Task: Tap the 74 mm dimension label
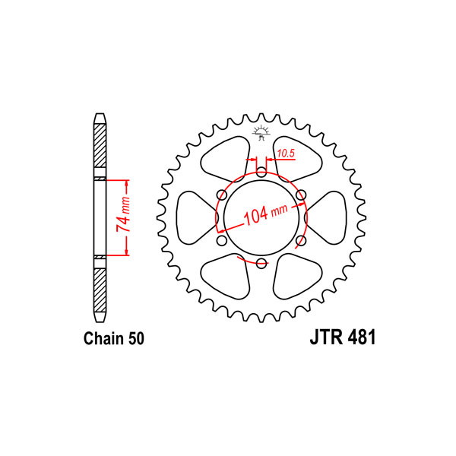tap(123, 214)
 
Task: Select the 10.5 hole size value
tap(286, 154)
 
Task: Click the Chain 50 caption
tap(114, 338)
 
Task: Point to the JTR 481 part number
tap(343, 337)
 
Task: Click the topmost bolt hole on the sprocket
tap(261, 173)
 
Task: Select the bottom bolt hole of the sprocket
tap(261, 263)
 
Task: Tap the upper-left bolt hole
tap(222, 195)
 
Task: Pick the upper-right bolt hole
tap(301, 195)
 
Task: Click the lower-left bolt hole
tap(222, 240)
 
